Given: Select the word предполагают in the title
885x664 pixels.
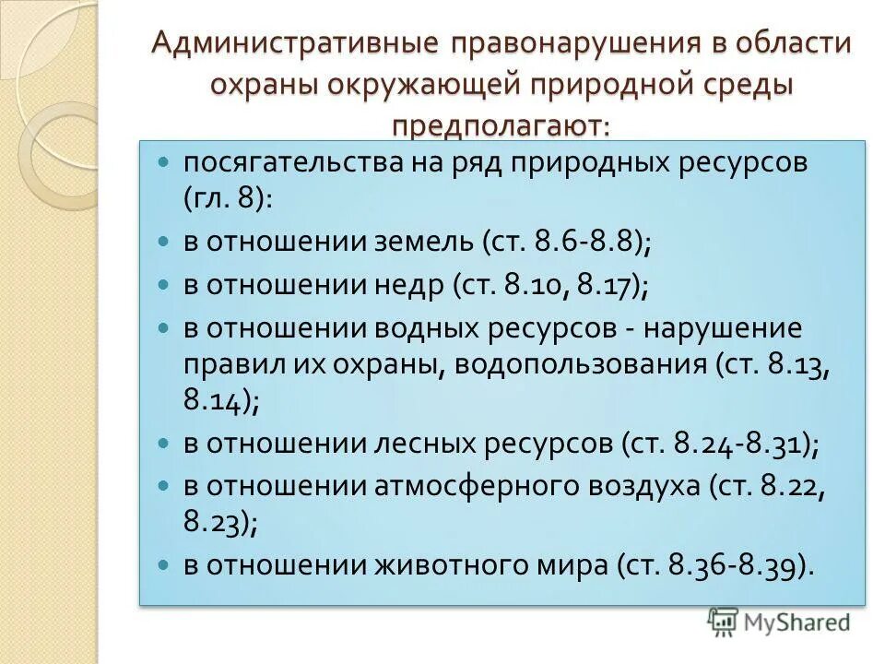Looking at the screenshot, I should [x=501, y=124].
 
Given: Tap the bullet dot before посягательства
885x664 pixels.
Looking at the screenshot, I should [x=164, y=162].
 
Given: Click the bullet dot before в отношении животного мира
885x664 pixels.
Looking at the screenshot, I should [x=164, y=564].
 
